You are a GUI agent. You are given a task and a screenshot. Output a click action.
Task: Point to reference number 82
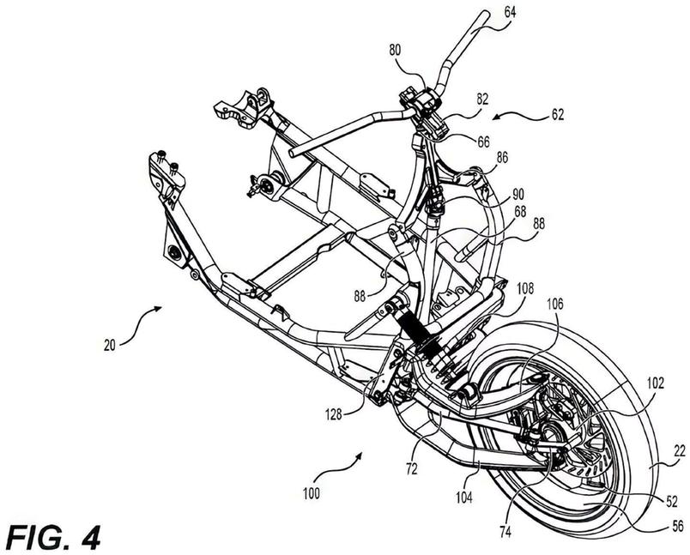pyautogui.click(x=481, y=100)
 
